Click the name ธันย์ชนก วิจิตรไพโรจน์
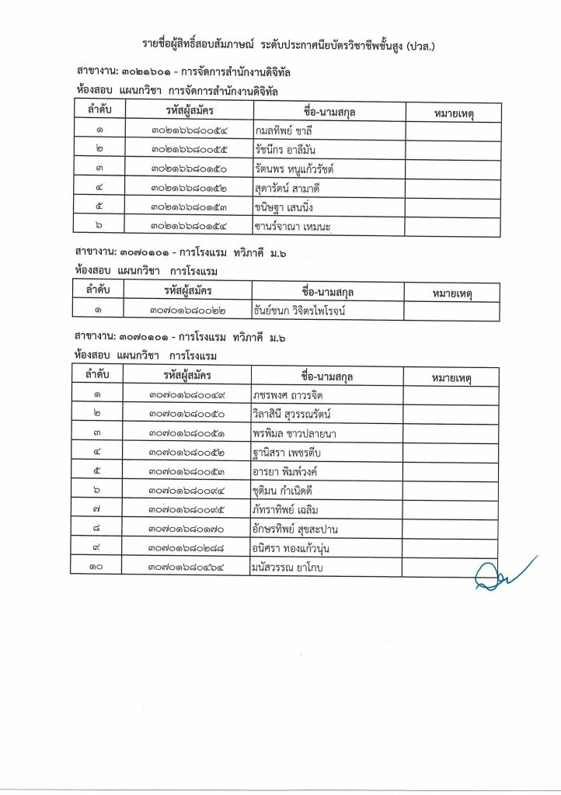[298, 311]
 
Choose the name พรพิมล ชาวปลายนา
[294, 432]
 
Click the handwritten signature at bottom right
[505, 573]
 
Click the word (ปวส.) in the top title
[417, 45]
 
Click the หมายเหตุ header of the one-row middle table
[451, 293]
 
